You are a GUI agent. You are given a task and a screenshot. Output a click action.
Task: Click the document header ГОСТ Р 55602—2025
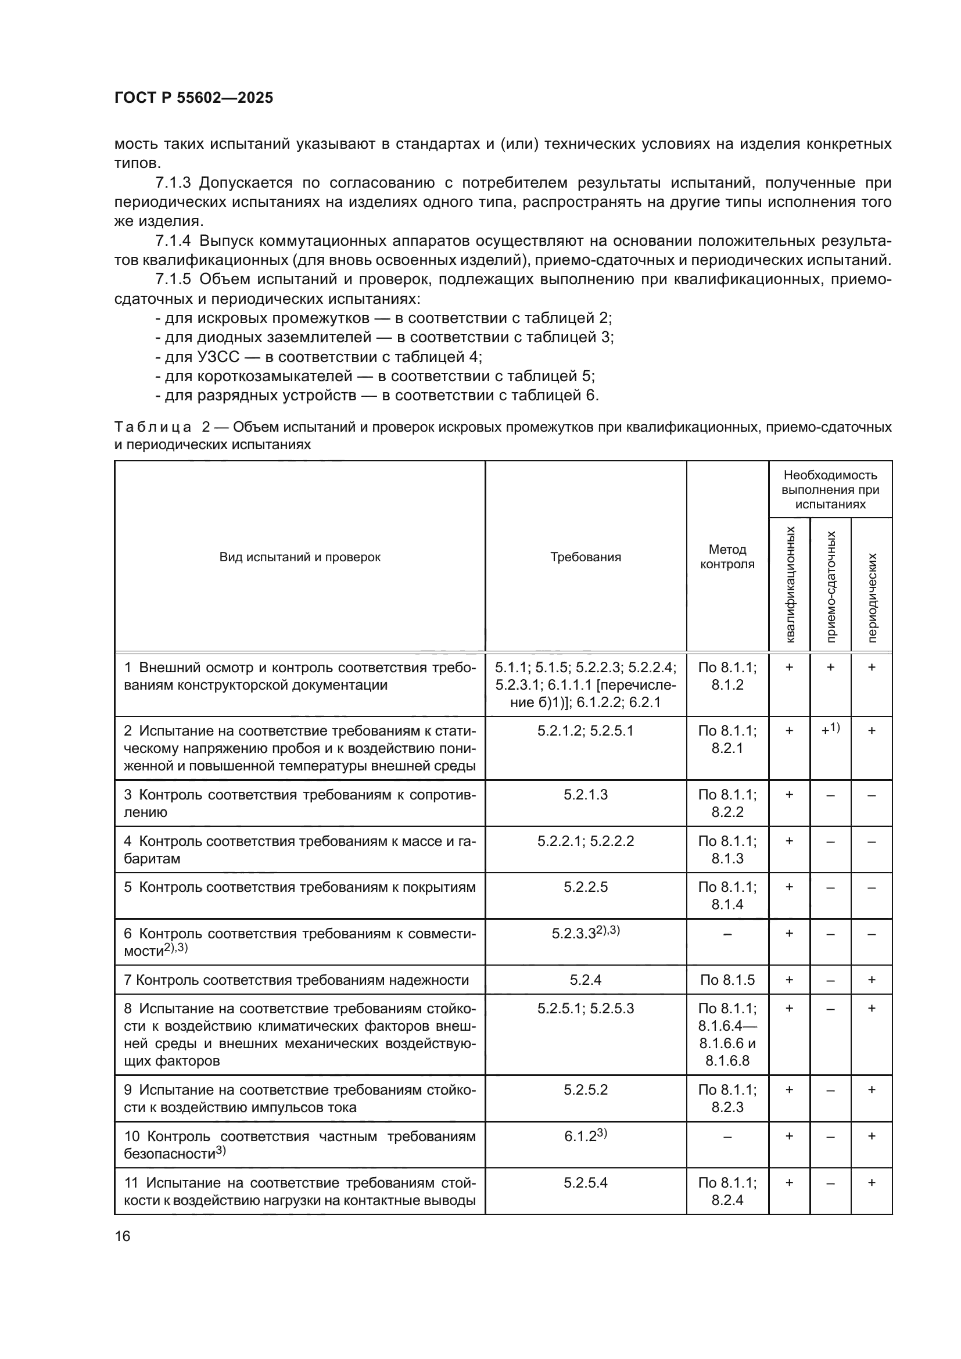(x=193, y=98)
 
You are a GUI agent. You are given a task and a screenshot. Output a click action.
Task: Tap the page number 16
(x=123, y=1236)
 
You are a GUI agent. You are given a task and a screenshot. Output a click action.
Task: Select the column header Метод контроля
(x=727, y=557)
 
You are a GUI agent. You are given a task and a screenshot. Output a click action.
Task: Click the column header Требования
(x=585, y=557)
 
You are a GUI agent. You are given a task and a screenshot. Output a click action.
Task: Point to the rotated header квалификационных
(x=790, y=585)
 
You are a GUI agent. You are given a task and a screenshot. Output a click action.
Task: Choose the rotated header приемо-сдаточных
(x=831, y=586)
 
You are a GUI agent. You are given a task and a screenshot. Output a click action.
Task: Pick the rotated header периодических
(x=872, y=597)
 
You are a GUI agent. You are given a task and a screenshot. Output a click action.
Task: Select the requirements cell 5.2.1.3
(x=585, y=794)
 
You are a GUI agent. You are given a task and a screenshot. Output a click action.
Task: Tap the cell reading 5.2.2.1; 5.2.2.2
(x=585, y=841)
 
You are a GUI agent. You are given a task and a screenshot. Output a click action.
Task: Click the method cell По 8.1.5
(x=727, y=980)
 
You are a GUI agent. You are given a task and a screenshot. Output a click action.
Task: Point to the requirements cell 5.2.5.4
(x=585, y=1182)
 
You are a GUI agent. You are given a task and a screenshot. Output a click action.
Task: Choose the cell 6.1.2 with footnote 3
(x=585, y=1136)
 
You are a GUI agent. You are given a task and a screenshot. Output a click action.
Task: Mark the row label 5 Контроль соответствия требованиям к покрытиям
(x=299, y=887)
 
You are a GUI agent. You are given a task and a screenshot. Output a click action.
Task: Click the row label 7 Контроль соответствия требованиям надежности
(x=296, y=980)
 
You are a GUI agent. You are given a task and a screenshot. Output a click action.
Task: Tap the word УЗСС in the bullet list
(x=218, y=357)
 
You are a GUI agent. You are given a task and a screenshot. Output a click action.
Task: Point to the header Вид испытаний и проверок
(x=299, y=557)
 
